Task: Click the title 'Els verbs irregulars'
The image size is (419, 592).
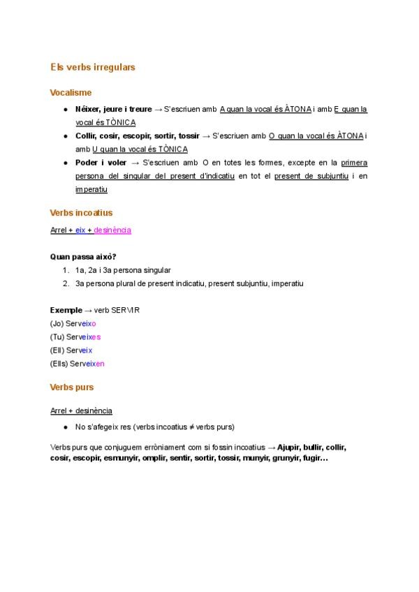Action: (93, 68)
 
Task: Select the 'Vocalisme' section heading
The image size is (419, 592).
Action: (71, 92)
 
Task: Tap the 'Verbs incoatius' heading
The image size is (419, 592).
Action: (82, 212)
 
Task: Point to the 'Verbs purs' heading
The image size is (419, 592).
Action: (72, 387)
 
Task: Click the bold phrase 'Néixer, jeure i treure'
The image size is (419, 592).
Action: (113, 110)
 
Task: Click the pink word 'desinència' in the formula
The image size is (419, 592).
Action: (112, 230)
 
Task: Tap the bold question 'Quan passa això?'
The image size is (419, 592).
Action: (83, 256)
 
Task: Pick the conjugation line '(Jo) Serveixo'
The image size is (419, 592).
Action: (73, 323)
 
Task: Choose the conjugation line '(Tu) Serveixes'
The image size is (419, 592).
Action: (75, 336)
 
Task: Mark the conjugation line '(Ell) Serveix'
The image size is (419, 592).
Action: (71, 350)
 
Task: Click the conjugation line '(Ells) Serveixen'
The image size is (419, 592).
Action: (78, 363)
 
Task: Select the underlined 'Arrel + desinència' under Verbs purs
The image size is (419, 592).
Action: (81, 410)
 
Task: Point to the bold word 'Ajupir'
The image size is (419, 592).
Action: (289, 447)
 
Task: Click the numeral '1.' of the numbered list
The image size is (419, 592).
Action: (66, 270)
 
